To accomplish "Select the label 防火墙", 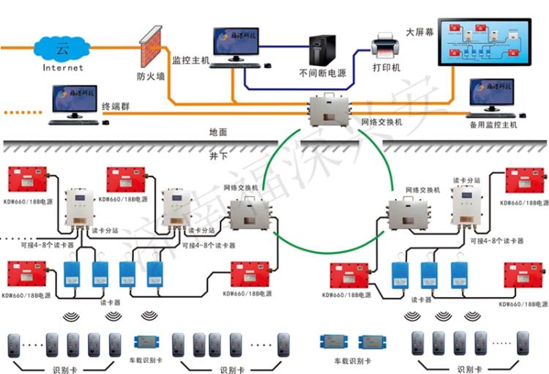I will point(151,75).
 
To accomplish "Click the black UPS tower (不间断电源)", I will point(322,50).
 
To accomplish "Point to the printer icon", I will point(385,45).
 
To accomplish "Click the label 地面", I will point(218,132).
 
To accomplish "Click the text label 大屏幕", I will point(420,34).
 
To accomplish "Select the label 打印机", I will point(386,68).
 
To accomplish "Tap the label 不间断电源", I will point(321,73).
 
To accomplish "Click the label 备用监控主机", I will point(493,125).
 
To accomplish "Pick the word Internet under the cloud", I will point(63,68).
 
